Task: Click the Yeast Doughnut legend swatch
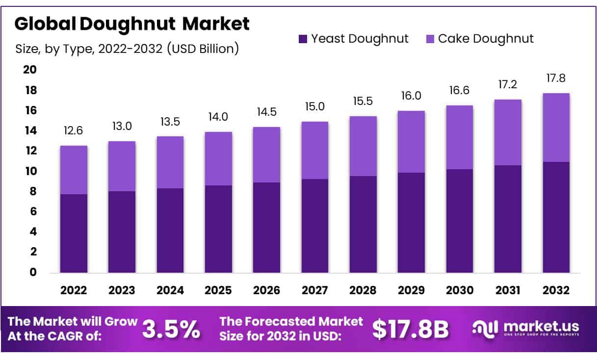point(303,39)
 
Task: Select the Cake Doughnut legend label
point(486,39)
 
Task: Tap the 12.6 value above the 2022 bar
point(74,131)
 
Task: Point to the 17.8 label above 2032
point(556,78)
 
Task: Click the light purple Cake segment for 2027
point(315,150)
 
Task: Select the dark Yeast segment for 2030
point(460,221)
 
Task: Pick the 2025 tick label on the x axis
point(218,290)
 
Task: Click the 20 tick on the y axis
point(30,70)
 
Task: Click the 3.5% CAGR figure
point(171,330)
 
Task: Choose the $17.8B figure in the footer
point(410,330)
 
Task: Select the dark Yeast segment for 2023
point(122,231)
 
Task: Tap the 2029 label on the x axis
point(412,290)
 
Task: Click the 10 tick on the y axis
point(30,171)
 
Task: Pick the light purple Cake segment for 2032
point(556,128)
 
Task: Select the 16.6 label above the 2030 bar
point(460,91)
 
